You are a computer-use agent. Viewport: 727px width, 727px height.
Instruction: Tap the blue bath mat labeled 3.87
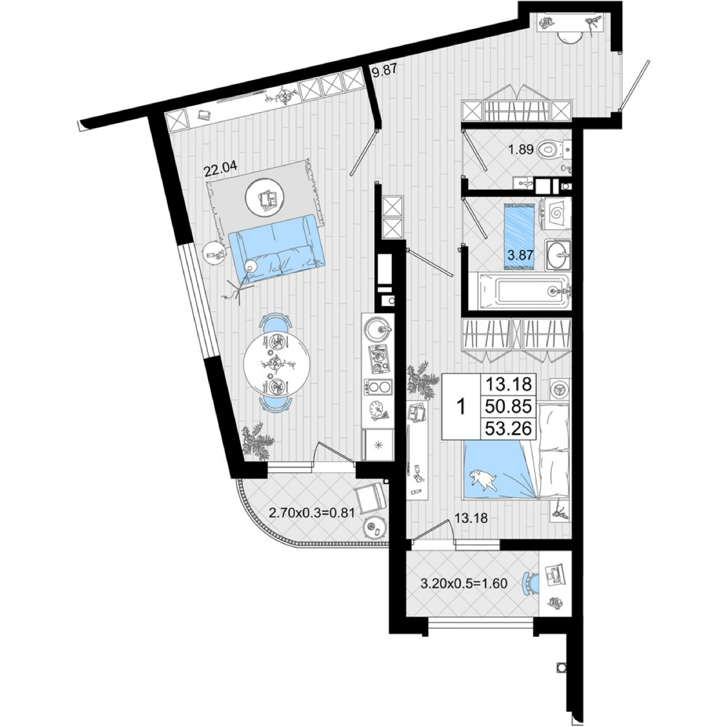tap(520, 236)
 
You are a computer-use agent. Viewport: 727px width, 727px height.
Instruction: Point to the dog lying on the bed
tap(483, 480)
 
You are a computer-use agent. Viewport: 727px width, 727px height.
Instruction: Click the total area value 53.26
tap(508, 428)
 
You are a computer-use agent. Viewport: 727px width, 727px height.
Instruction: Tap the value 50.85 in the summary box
tap(508, 407)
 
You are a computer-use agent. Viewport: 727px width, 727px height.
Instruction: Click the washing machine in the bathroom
tap(555, 213)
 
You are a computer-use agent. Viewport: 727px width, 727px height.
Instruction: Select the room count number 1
tap(461, 408)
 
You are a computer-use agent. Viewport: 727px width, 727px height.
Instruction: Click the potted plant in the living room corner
tap(257, 441)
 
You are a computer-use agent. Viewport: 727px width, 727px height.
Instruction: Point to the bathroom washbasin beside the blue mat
tap(558, 255)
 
